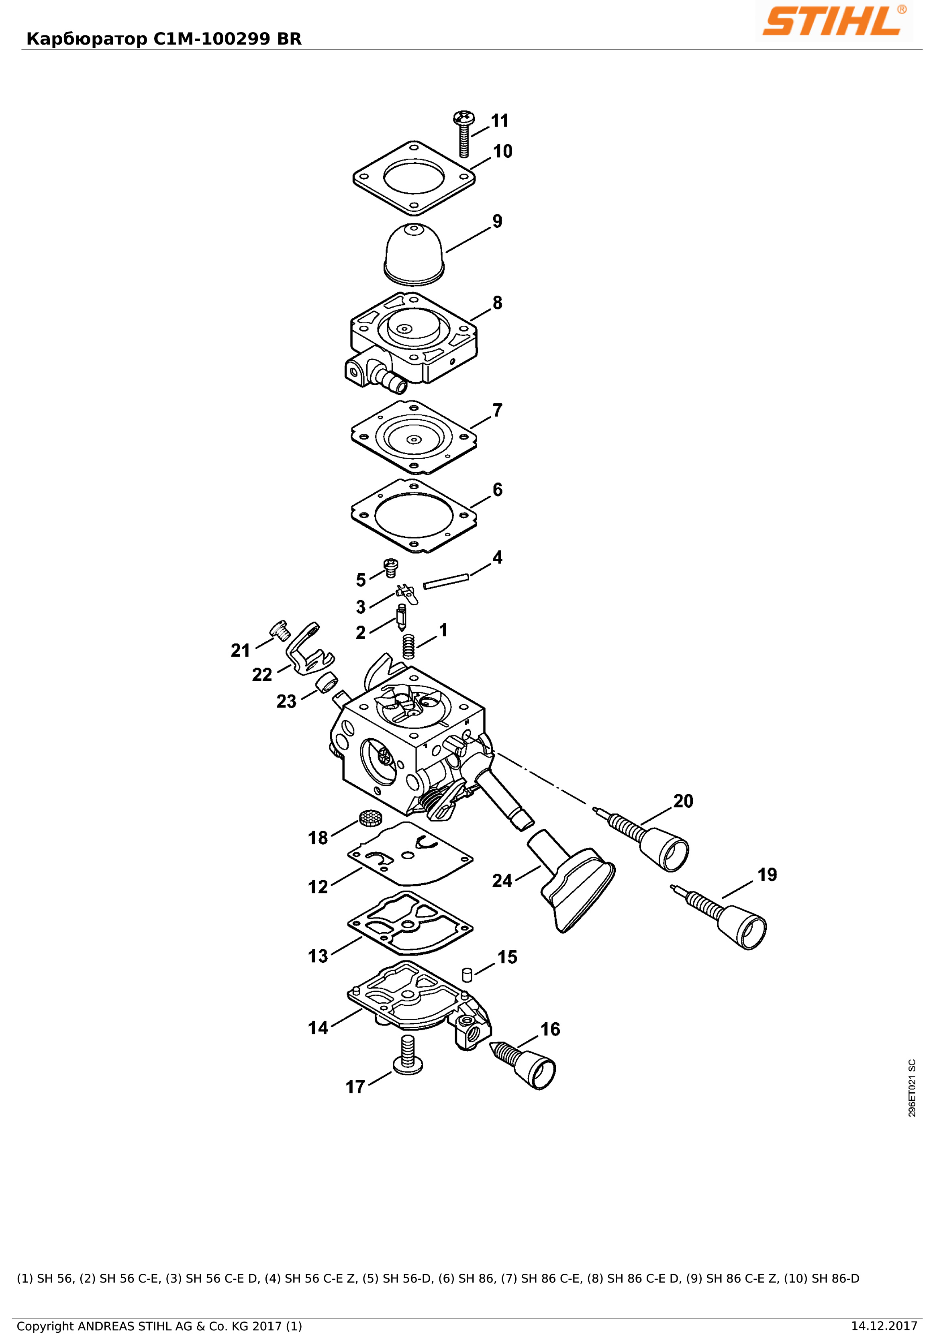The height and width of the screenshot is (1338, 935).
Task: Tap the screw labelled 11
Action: tap(464, 133)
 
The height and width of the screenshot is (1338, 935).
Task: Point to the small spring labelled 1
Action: tap(409, 646)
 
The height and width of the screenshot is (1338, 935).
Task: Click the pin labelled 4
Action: tap(446, 581)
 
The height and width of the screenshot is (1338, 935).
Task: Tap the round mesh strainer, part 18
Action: tap(370, 818)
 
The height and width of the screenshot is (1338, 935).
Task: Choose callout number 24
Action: tap(502, 880)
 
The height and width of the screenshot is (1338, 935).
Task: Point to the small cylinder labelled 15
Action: tap(467, 975)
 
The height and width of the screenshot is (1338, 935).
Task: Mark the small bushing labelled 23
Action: tap(327, 681)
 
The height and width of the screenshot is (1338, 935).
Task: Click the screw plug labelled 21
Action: tap(280, 630)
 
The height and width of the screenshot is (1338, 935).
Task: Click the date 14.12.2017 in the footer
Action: tap(884, 1326)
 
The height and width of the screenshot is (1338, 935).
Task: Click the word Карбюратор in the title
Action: tap(88, 39)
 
